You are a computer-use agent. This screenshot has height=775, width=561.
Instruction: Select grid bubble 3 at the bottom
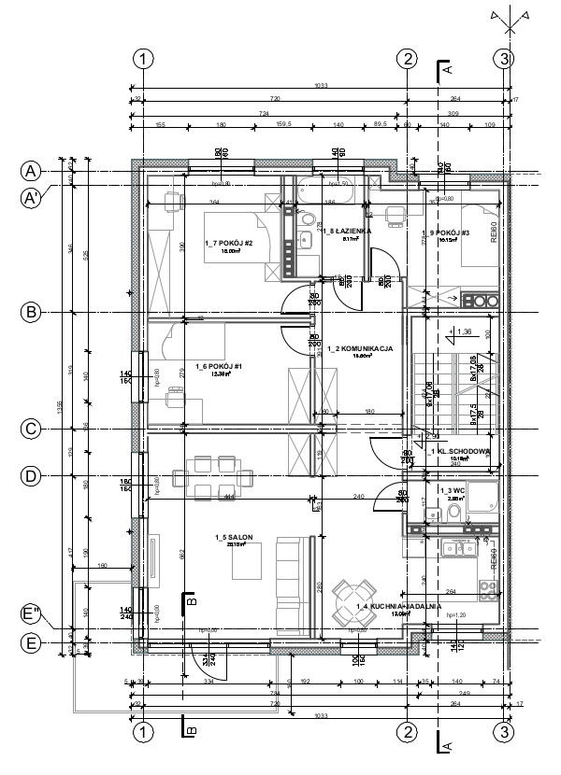point(505,730)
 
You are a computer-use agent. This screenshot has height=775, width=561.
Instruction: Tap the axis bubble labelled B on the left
point(31,312)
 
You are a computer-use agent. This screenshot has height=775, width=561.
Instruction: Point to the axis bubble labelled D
point(31,476)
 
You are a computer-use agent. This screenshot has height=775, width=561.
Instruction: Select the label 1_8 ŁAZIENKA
point(349,230)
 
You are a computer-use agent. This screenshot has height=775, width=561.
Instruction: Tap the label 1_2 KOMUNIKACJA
point(360,348)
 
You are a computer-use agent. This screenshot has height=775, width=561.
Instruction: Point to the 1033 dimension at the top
point(323,88)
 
